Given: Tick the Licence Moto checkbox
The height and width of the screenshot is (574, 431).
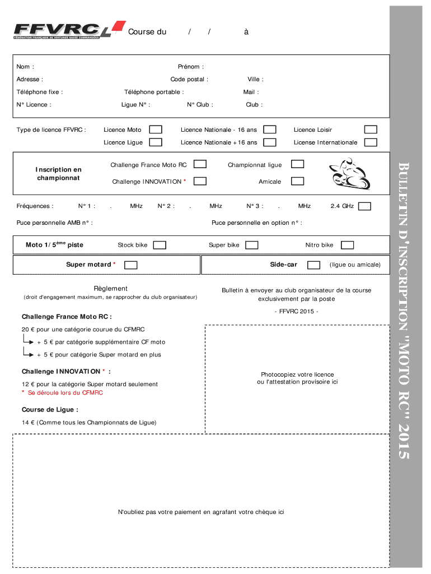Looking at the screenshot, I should tap(156, 129).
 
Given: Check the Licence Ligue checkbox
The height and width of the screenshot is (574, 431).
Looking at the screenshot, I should tap(156, 142).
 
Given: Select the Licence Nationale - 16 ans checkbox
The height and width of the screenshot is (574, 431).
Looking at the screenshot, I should tap(270, 129).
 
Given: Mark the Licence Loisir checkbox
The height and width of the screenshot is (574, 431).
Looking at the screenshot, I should tap(371, 129).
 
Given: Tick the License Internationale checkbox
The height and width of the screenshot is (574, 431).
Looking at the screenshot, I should tap(371, 142).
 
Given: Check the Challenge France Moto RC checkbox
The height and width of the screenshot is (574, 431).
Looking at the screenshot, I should tap(200, 164).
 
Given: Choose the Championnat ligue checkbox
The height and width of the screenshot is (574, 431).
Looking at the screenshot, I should tap(297, 164).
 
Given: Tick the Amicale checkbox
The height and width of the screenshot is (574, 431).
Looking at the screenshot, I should tap(297, 181).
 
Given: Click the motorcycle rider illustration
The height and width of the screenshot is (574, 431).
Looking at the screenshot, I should tap(350, 174).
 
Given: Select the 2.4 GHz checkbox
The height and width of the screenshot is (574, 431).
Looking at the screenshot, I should tap(364, 206).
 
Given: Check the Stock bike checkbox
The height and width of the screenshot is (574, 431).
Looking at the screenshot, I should tap(160, 245).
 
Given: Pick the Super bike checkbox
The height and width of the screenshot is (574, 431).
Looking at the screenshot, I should tap(252, 245).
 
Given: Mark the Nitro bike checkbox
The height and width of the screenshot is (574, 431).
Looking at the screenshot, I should tap(347, 245).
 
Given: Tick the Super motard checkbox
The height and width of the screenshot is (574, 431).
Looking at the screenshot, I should tap(130, 265).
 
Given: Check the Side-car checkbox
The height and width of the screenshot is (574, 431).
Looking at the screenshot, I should tap(314, 265).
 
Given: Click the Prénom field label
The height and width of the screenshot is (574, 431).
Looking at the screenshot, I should tap(191, 67).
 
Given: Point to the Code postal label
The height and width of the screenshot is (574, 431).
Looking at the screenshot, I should tap(189, 79).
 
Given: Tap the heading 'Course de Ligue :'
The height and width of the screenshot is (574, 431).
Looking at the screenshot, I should tap(50, 410).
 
